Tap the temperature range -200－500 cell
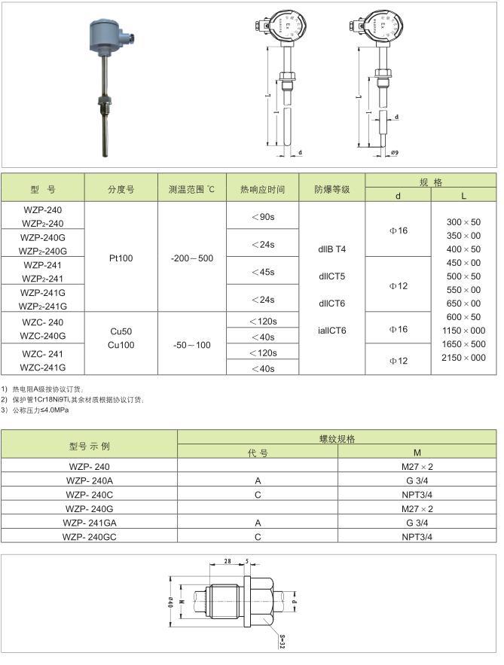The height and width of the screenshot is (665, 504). pos(191,258)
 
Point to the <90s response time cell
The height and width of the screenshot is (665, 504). pos(262,217)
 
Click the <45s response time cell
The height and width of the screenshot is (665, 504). pos(262,272)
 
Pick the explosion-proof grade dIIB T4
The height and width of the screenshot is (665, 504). pos(332,249)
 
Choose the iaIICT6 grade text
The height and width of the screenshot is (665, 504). pos(332,330)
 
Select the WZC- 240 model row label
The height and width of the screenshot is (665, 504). pos(43,322)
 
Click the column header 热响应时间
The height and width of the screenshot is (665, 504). pos(262,189)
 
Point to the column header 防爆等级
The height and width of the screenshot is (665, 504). pos(332,189)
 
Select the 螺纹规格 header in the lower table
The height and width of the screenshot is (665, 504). pos(337,438)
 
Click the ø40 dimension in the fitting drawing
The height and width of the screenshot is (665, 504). pos(171,600)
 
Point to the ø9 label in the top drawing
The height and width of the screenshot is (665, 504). pos(394,153)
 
